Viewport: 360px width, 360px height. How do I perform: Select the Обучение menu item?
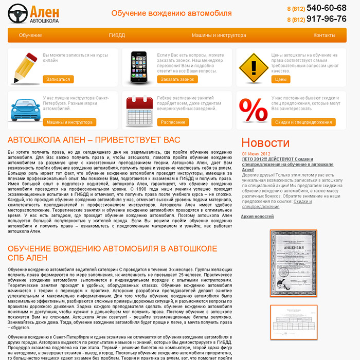pyautogui.click(x=30, y=35)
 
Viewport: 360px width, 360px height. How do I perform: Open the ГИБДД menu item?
pyautogui.click(x=117, y=35)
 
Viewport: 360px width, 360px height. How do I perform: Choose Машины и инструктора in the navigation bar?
pyautogui.click(x=219, y=35)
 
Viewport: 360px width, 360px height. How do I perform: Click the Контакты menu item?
pyautogui.click(x=324, y=35)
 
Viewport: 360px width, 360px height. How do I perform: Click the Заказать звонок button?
pyautogui.click(x=177, y=80)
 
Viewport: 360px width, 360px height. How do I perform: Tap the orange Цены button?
pyautogui.click(x=281, y=80)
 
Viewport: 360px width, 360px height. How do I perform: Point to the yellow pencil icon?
pyautogui.click(x=23, y=67)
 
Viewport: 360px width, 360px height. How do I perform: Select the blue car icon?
pyautogui.click(x=23, y=109)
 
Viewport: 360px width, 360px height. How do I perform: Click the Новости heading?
pyautogui.click(x=265, y=143)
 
